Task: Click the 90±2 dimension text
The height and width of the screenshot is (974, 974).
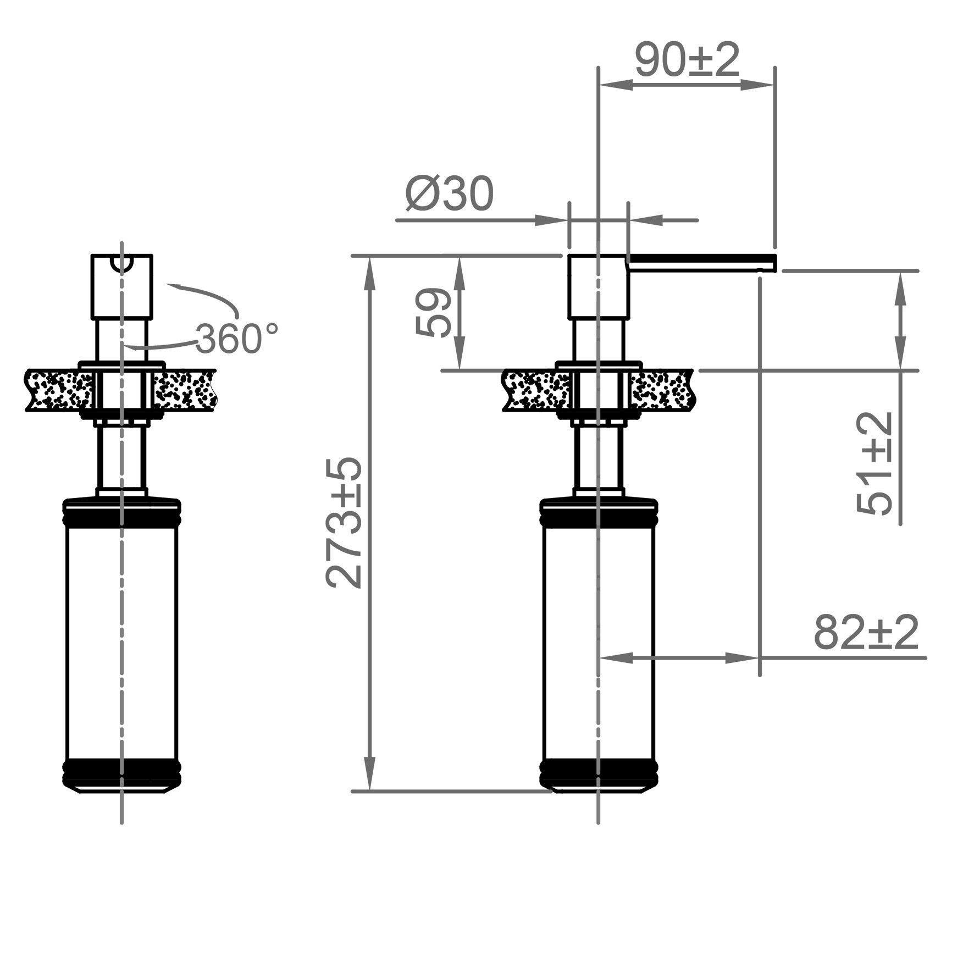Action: (x=687, y=60)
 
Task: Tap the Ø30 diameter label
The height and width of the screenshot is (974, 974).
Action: (x=450, y=195)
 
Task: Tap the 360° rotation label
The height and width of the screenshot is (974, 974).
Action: (x=236, y=338)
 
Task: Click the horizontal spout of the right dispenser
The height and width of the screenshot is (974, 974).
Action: (x=701, y=263)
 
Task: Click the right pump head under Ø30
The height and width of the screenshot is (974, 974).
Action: (x=597, y=287)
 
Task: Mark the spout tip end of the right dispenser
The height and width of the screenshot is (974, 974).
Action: (x=772, y=263)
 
